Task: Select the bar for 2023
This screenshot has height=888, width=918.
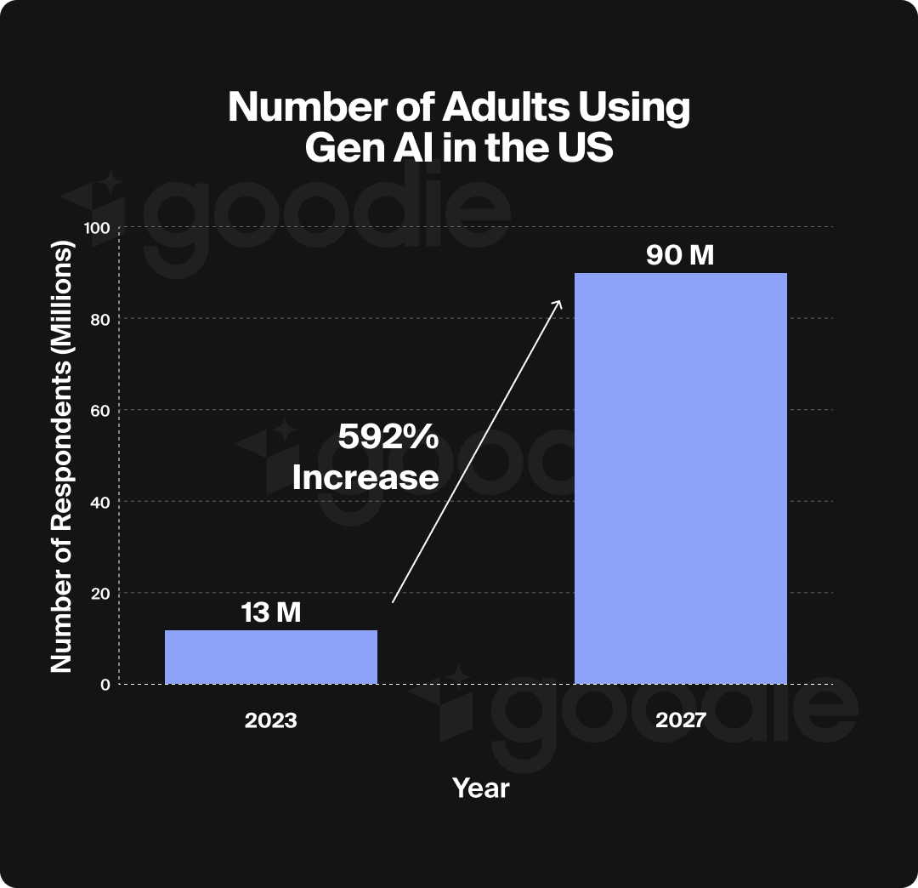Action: coord(270,657)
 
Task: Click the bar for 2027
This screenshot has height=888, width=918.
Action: coord(680,478)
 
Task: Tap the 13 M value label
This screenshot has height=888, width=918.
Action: coord(270,612)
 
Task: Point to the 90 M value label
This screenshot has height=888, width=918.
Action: coord(680,255)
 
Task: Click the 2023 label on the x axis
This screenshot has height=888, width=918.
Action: coord(270,720)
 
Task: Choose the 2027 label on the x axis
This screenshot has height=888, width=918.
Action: coord(680,720)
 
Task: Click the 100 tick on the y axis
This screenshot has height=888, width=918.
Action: coord(98,227)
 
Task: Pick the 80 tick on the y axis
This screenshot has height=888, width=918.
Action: coord(101,319)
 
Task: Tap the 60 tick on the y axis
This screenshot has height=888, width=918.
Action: coord(101,410)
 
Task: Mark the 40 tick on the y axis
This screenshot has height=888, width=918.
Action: coord(101,502)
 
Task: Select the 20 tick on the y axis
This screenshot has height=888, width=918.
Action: coord(101,593)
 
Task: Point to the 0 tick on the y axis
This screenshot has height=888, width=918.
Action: coord(105,684)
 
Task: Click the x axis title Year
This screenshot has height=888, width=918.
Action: coord(480,788)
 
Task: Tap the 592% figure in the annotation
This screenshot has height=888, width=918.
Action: coord(388,437)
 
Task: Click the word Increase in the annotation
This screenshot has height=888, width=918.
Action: coord(365,477)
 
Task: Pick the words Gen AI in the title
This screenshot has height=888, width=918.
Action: coord(366,149)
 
